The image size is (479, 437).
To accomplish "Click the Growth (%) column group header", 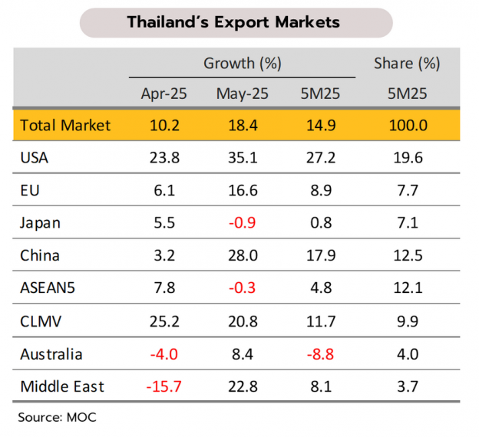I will [243, 64].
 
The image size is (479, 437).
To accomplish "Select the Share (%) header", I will [407, 64].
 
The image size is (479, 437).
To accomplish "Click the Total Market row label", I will [65, 125].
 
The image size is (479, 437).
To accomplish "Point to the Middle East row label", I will [62, 387].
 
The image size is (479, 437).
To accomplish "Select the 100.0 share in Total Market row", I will [407, 125].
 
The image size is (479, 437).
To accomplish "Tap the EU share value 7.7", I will [407, 191].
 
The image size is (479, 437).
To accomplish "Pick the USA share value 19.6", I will [407, 158].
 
